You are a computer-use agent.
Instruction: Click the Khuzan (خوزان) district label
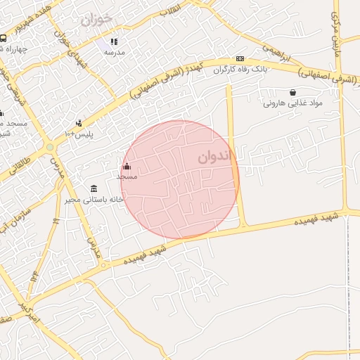(96, 19)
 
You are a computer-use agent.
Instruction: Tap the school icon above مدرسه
(114, 41)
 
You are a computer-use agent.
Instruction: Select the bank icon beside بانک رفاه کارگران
(240, 58)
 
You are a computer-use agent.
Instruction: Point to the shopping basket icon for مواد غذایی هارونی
(292, 92)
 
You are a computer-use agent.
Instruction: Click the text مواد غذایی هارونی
(292, 103)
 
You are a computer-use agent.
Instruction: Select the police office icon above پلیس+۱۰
(79, 123)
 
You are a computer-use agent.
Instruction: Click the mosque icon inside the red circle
(127, 167)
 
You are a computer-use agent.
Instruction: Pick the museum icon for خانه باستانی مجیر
(94, 188)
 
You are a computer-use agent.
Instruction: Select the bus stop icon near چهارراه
(4, 39)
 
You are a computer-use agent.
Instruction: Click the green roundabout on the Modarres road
(50, 146)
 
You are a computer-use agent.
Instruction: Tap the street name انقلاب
(170, 9)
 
